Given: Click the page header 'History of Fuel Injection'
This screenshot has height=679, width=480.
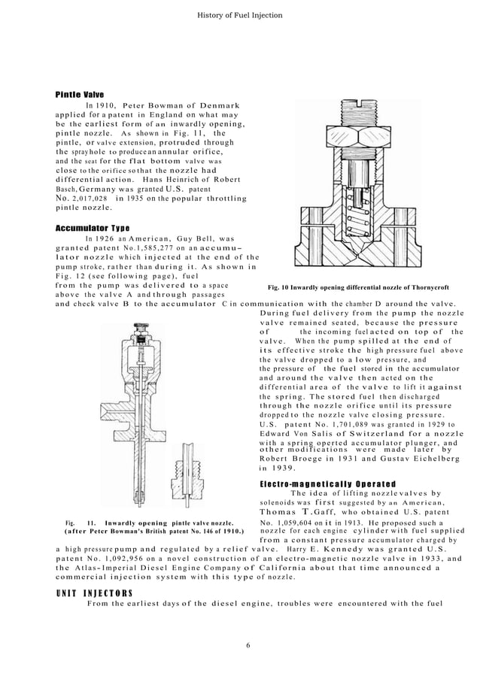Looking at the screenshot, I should click(239, 15).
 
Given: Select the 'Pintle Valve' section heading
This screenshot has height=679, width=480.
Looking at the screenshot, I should click(80, 94).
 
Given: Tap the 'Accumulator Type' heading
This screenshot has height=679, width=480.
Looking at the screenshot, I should click(93, 228).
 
